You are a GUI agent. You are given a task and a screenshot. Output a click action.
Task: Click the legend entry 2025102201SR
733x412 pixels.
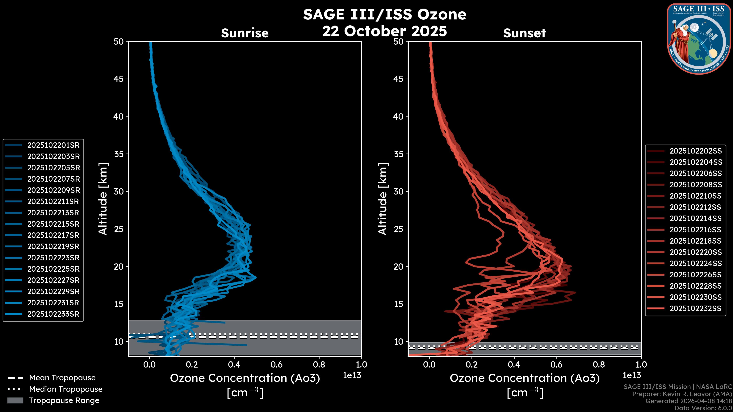point(53,145)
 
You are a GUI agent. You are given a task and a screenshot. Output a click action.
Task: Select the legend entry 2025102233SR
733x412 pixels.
point(53,314)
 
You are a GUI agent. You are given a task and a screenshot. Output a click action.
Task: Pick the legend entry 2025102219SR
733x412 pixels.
point(53,246)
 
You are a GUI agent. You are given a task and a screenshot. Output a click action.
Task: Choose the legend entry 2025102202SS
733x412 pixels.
point(695,151)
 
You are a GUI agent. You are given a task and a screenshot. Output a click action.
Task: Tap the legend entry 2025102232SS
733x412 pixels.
point(695,308)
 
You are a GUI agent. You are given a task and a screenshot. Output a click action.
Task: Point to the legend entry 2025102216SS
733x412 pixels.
point(695,230)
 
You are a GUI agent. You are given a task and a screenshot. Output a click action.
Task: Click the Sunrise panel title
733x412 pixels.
point(245,33)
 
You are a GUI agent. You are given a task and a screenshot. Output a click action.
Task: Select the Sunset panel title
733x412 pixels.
point(524,33)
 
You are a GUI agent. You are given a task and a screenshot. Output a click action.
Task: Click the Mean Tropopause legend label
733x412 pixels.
point(62,378)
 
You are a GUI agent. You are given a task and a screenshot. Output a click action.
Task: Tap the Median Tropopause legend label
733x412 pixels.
point(66,389)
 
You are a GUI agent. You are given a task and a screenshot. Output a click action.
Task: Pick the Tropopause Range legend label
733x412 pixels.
point(64,401)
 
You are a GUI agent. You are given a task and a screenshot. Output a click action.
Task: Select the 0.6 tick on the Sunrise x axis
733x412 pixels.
point(277,365)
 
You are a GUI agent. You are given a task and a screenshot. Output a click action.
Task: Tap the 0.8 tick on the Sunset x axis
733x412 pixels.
point(599,365)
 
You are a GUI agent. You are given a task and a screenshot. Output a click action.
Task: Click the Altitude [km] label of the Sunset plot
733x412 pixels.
point(383,199)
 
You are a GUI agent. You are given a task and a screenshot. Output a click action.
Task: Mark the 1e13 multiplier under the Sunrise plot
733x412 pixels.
point(352,375)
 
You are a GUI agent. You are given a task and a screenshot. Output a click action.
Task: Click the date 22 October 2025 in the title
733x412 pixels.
point(384,31)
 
